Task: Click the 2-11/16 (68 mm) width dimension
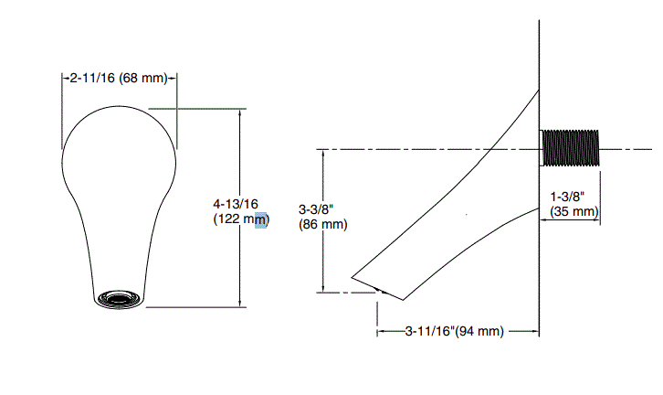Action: pos(119,78)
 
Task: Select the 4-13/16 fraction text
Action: pos(236,204)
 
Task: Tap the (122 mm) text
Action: pos(241,219)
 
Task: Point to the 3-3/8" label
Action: pos(316,209)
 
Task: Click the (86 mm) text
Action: pos(323,224)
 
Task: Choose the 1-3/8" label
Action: pos(567,197)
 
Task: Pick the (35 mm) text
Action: pos(574,211)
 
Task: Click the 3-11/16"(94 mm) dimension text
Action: pos(455,331)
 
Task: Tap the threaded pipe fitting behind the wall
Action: pos(570,148)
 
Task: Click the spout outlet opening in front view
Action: pos(119,299)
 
